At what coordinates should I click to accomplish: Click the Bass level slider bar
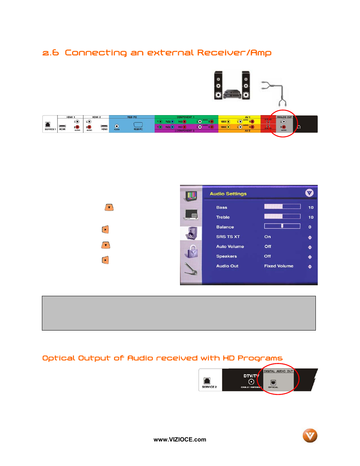tap(282, 206)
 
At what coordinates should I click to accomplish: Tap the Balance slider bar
tap(282, 226)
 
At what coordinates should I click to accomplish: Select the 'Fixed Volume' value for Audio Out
tap(278, 266)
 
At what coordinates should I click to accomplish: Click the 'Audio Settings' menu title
tap(228, 194)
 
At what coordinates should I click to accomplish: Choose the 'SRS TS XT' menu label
tap(228, 237)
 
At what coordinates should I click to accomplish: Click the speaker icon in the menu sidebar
tap(191, 233)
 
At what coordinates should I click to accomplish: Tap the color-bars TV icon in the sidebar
tap(191, 195)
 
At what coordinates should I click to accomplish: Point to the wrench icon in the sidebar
tap(191, 269)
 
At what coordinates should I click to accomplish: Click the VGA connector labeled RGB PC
tap(138, 125)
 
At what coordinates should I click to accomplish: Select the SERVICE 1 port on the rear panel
tap(48, 125)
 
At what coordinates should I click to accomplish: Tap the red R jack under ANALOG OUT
tap(284, 127)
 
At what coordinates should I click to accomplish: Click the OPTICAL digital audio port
tap(273, 383)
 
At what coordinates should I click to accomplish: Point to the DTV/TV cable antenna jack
tap(251, 382)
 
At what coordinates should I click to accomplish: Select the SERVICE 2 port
tap(207, 381)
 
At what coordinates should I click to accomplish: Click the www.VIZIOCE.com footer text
tap(180, 440)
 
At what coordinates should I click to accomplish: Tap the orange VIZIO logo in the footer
tap(310, 435)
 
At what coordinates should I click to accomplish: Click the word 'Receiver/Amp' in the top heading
tap(234, 53)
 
